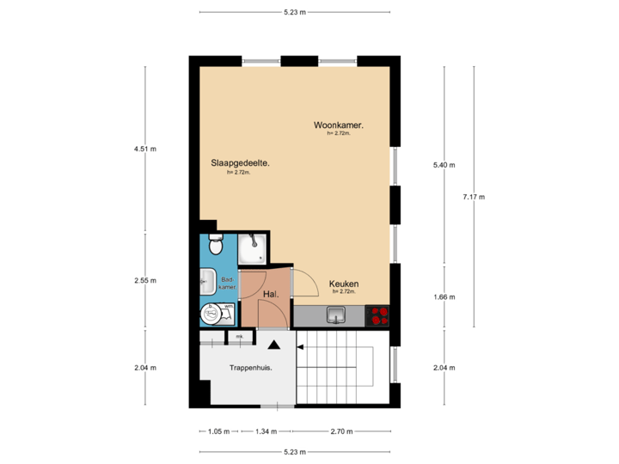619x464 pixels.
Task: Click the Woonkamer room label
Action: [x=338, y=125]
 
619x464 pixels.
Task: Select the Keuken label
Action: [x=343, y=284]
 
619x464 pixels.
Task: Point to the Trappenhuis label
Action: [x=250, y=368]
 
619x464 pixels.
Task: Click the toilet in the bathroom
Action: [x=215, y=245]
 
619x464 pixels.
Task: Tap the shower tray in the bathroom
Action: [x=253, y=250]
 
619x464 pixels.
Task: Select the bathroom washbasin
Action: [x=206, y=280]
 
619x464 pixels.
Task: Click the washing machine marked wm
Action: [x=211, y=314]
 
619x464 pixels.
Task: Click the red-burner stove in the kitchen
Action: [x=377, y=316]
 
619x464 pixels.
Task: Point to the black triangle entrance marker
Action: [x=273, y=345]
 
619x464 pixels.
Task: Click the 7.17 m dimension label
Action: [x=474, y=197]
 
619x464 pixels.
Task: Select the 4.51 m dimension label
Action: [x=144, y=149]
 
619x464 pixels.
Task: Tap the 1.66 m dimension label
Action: [x=444, y=297]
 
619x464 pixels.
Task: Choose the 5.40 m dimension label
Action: [x=444, y=165]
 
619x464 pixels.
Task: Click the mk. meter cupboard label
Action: [x=240, y=336]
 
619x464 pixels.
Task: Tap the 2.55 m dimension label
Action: [x=144, y=280]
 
